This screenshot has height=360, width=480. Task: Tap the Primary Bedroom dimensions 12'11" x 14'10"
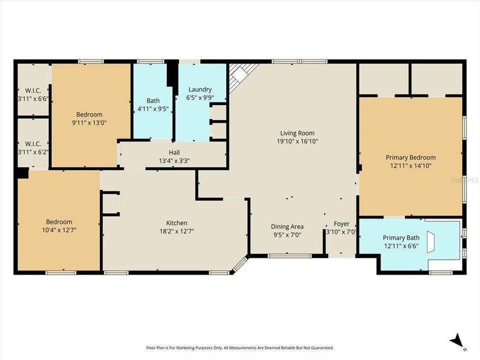pos(410,165)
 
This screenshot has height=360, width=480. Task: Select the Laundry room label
pos(200,89)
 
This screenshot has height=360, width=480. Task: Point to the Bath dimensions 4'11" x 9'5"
pos(153,108)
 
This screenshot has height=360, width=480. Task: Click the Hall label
pos(174,152)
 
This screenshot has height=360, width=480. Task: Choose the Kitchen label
pos(176,223)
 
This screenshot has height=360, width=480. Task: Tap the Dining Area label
pos(287,226)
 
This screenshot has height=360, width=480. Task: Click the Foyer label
pos(341,223)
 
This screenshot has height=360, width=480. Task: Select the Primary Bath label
pos(401,237)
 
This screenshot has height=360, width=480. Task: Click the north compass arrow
pos(456,342)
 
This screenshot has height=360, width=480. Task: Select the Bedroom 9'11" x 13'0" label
pos(89,114)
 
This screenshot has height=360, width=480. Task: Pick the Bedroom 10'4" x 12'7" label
pos(59,222)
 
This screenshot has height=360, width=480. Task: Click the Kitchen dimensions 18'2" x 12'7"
pos(176,231)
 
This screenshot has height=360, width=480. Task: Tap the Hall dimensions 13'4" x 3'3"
pos(174,160)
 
